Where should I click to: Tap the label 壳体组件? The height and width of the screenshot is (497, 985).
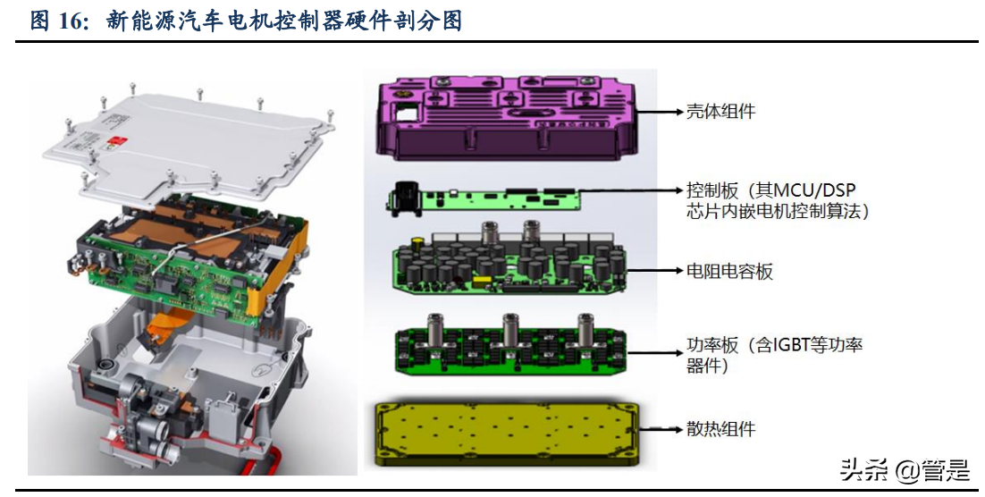(720, 112)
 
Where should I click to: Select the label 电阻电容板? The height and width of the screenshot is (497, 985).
(728, 272)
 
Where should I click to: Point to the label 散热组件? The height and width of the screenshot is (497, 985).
(720, 430)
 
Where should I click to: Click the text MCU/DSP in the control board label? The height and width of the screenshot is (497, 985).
(815, 190)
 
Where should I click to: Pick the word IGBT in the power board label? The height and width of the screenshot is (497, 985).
(795, 345)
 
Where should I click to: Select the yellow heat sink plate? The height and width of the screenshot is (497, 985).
(507, 434)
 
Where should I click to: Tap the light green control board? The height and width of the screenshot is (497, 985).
(484, 200)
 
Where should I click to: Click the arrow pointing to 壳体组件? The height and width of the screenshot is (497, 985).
(659, 112)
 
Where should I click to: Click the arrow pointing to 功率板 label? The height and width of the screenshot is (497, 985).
(655, 353)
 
